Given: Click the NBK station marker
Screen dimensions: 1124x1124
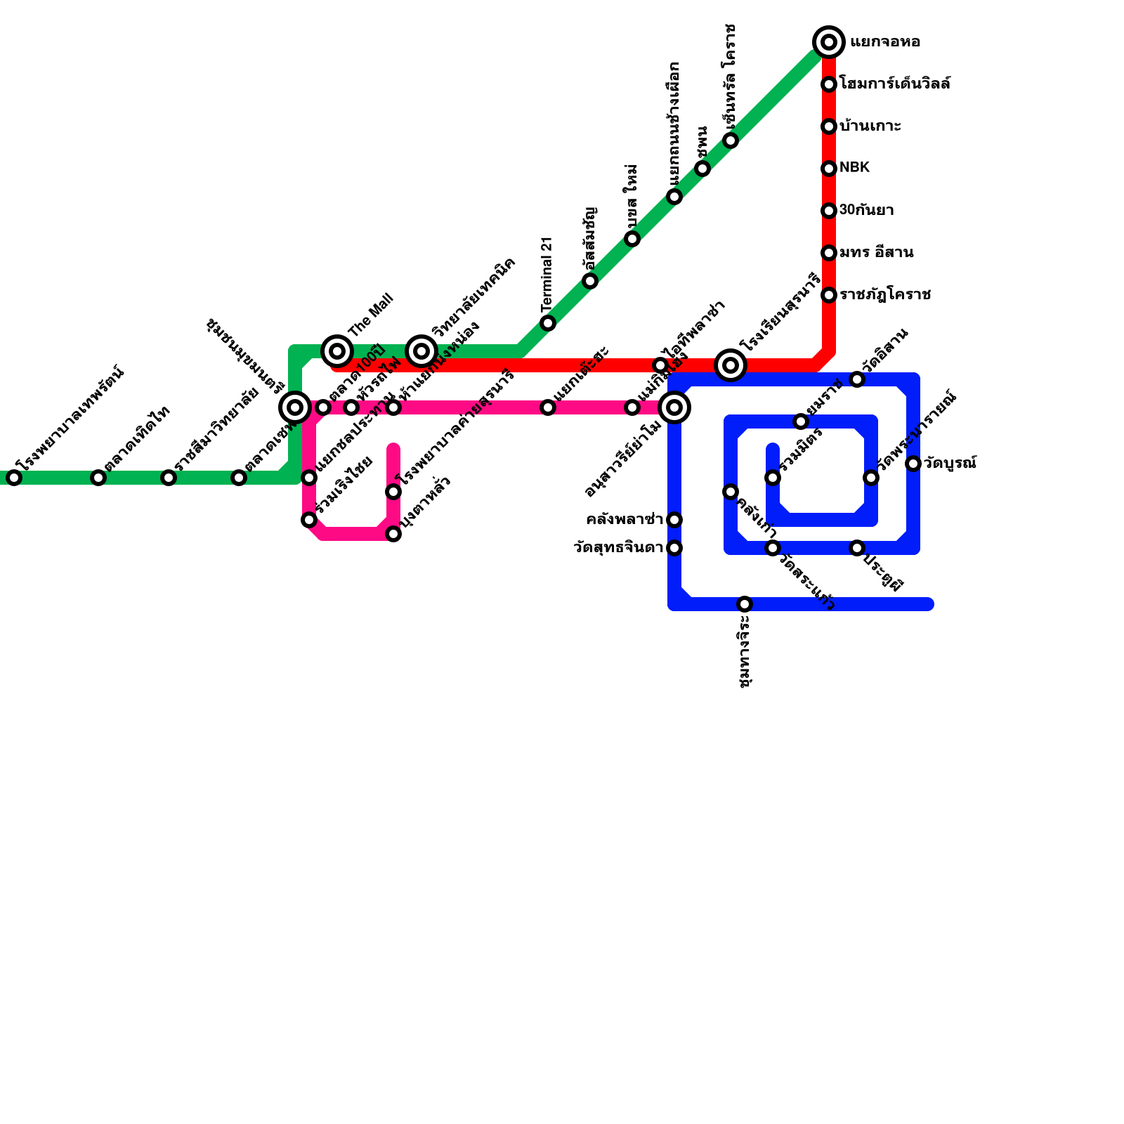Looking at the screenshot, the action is click(829, 169).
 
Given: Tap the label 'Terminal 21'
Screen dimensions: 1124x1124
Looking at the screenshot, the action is click(548, 274).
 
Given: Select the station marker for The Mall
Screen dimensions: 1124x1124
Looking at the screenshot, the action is click(337, 351).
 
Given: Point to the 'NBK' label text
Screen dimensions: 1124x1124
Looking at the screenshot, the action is click(855, 167).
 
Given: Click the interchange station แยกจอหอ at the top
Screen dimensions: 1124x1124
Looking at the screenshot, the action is click(829, 42).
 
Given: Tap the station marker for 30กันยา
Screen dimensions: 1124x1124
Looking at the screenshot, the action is click(829, 211).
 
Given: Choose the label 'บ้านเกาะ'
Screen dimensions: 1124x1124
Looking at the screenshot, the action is click(870, 126).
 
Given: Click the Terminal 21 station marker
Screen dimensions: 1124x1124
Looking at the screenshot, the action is click(548, 323).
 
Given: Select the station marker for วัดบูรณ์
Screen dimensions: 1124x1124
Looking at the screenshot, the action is click(913, 464).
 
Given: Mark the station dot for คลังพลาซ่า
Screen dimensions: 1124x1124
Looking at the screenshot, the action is click(674, 520).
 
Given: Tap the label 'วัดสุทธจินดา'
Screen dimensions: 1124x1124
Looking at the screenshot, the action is click(618, 548).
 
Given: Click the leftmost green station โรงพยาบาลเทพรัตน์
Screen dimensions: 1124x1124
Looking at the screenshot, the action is click(14, 478).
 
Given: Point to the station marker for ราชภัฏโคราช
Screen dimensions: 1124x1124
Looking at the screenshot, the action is click(829, 295).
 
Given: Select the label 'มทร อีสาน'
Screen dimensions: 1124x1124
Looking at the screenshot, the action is click(876, 252).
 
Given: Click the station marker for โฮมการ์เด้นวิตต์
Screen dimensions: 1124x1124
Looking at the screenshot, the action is click(829, 84).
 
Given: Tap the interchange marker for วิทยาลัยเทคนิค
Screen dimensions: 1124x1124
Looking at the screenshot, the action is click(421, 351).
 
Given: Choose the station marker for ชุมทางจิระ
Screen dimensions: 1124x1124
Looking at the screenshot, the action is click(745, 604).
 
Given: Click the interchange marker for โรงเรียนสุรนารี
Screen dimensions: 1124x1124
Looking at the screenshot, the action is click(731, 365).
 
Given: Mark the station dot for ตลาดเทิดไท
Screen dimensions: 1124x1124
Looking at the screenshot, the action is click(98, 478).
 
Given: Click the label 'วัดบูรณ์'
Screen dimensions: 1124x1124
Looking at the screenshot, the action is click(950, 464).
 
